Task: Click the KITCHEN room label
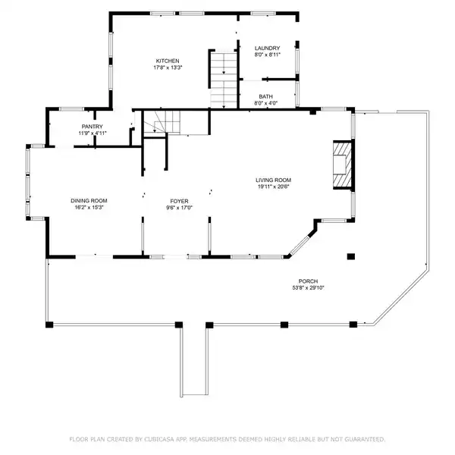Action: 168,61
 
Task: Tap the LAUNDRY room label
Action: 267,49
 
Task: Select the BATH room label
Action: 266,96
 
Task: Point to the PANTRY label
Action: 93,127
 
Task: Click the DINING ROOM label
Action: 89,200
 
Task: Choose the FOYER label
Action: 179,201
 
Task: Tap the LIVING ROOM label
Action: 273,180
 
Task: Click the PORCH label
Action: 308,281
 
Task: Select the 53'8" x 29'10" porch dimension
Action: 308,288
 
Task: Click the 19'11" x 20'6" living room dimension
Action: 273,187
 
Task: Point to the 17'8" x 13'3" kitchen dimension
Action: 168,67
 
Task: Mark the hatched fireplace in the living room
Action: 343,165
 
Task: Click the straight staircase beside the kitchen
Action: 224,80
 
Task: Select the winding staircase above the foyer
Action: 162,122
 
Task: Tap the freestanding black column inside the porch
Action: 351,256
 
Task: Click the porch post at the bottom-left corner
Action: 49,325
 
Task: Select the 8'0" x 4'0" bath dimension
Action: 266,103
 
